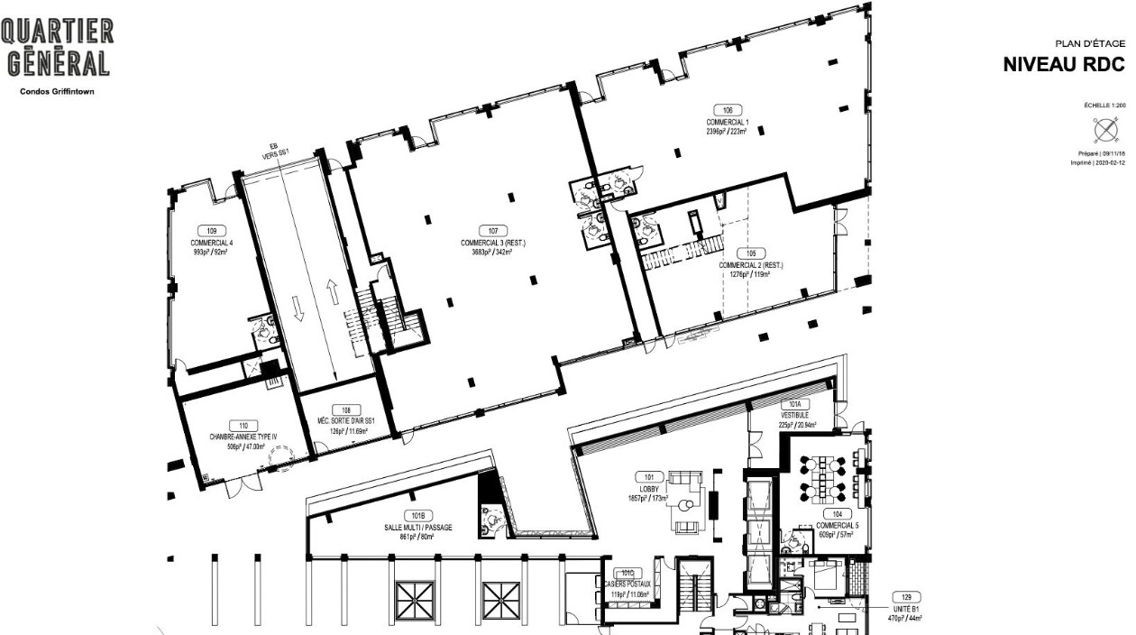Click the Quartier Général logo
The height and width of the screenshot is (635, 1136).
pyautogui.click(x=58, y=48)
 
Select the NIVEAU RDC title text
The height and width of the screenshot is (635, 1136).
pyautogui.click(x=1064, y=66)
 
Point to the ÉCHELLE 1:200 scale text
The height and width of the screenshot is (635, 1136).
pyautogui.click(x=1104, y=106)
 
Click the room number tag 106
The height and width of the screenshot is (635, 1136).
pyautogui.click(x=727, y=110)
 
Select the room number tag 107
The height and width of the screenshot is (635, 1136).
pyautogui.click(x=493, y=231)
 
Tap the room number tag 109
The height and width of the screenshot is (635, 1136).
pyautogui.click(x=212, y=231)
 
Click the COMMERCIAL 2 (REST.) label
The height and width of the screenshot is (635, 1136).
pyautogui.click(x=751, y=266)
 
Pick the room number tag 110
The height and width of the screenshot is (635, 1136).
pyautogui.click(x=243, y=426)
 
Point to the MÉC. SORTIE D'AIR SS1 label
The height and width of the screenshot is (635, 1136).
pyautogui.click(x=345, y=420)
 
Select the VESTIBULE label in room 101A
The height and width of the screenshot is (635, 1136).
pyautogui.click(x=793, y=415)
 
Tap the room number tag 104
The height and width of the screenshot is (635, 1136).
pyautogui.click(x=838, y=514)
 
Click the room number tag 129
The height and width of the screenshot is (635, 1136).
pyautogui.click(x=904, y=597)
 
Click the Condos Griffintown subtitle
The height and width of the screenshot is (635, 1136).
pyautogui.click(x=57, y=91)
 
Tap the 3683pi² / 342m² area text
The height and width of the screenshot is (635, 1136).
pyautogui.click(x=492, y=253)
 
